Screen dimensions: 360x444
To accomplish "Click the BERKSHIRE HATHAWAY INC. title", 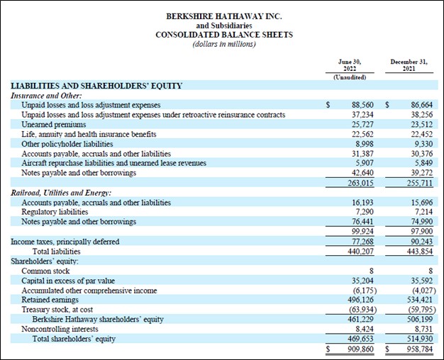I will (x=223, y=16).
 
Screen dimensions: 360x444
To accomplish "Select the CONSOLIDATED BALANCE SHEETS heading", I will (x=223, y=35).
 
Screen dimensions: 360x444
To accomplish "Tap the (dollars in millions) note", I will (x=223, y=44).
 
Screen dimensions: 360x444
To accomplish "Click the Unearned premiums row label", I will (x=54, y=123).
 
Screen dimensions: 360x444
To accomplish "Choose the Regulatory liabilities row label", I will (x=55, y=212).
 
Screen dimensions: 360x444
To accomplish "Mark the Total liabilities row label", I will (x=57, y=251).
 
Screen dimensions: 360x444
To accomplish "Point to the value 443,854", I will (x=418, y=251).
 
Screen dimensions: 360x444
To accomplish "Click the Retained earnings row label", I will (x=52, y=300).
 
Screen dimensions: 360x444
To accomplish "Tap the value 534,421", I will (x=418, y=300).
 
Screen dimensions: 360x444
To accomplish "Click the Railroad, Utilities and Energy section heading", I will (x=62, y=193).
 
